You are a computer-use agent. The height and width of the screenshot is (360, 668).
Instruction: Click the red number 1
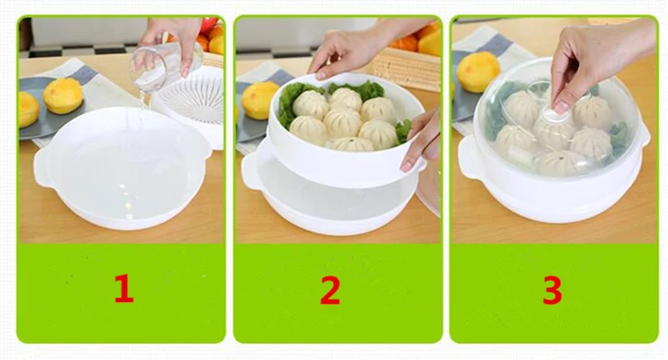(x=124, y=289)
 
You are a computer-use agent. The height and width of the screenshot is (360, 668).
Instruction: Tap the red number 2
(x=330, y=290)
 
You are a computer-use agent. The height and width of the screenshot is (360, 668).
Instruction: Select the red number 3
(x=552, y=290)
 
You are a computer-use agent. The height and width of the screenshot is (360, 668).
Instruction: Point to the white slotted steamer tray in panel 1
(x=194, y=102)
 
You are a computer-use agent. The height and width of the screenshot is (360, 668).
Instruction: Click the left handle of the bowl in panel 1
(x=44, y=168)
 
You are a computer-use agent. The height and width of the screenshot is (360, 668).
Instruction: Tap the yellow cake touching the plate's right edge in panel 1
(x=63, y=95)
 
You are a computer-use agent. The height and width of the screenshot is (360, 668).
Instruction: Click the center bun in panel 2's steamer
(x=342, y=122)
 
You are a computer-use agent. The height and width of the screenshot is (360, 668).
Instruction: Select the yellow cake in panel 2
(x=259, y=100)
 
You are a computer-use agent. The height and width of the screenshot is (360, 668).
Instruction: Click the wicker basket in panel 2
(x=407, y=68)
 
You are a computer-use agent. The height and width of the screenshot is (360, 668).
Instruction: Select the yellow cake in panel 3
(x=477, y=71)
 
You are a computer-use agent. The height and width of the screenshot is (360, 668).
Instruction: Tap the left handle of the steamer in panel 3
(x=468, y=159)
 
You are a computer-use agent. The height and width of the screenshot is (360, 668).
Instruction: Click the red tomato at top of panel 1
(x=208, y=25)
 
